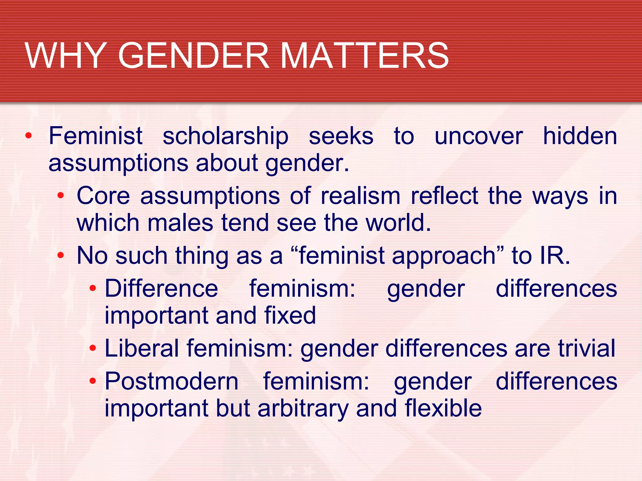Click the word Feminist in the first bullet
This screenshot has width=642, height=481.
tap(96, 136)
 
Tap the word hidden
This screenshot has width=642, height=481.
tap(580, 136)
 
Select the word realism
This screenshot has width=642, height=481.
tap(360, 196)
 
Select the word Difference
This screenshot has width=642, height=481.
tap(161, 288)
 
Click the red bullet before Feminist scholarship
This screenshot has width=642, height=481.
tap(29, 136)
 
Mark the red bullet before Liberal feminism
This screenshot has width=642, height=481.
tap(93, 348)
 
